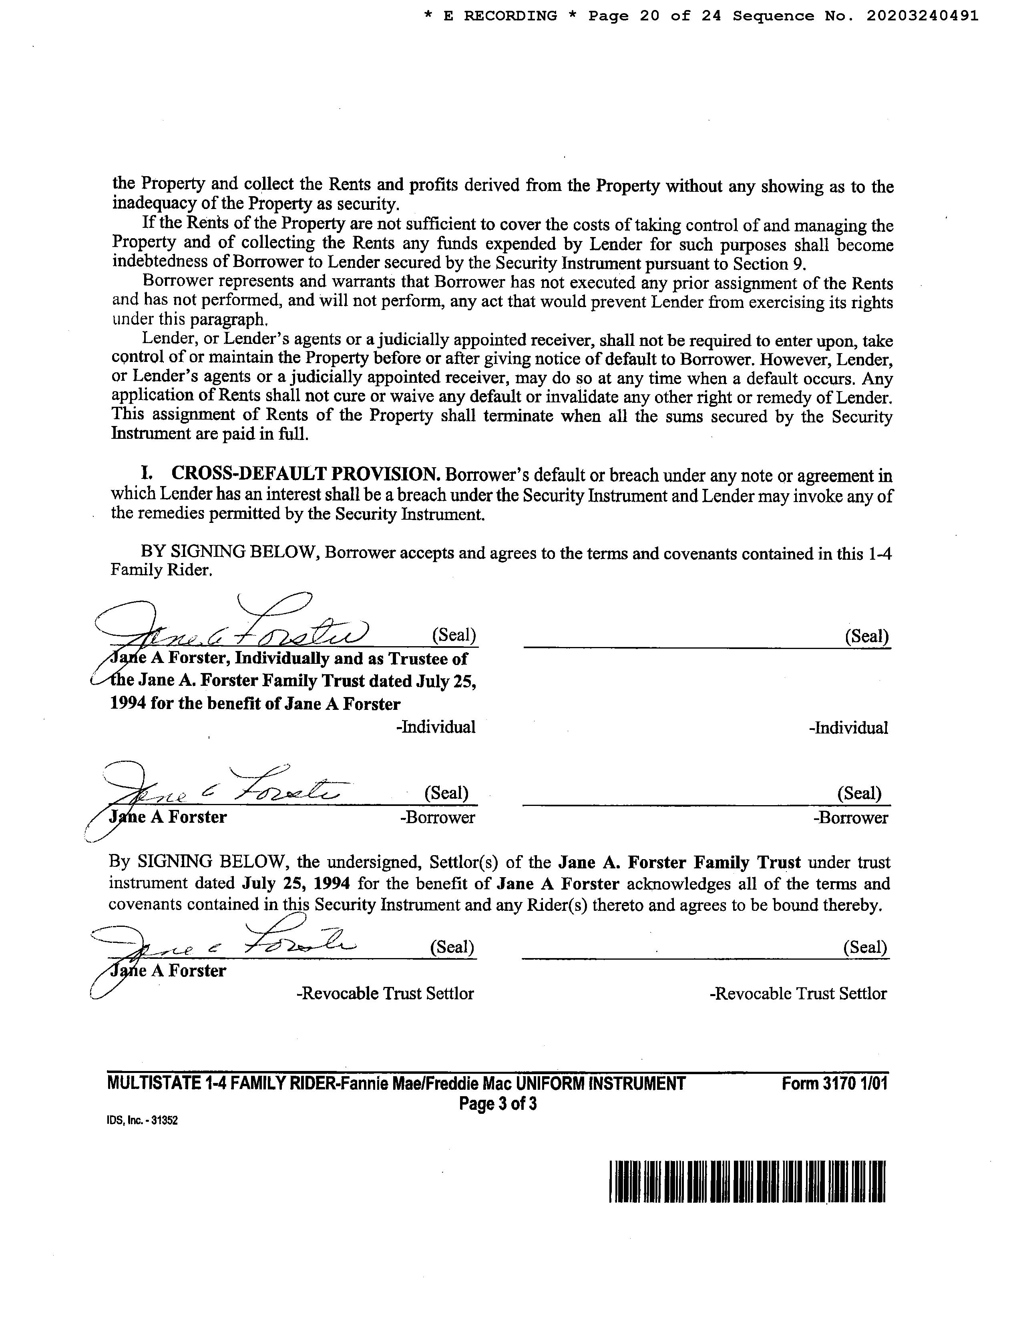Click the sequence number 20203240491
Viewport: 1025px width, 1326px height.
coord(922,16)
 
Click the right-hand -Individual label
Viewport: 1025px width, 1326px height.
coord(848,728)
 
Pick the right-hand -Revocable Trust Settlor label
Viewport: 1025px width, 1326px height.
coord(798,994)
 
